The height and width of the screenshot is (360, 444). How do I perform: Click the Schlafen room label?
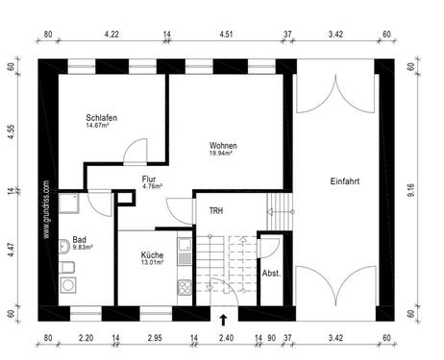[x=100, y=117]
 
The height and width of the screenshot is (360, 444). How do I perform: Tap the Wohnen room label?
[x=223, y=146]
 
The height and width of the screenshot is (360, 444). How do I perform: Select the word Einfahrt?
[x=345, y=180]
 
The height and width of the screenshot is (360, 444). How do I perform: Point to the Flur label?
[x=149, y=180]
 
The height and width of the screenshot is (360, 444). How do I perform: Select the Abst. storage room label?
[x=271, y=274]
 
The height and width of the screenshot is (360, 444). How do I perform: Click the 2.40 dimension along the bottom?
[x=226, y=339]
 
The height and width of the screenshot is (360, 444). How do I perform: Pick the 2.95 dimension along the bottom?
[x=155, y=339]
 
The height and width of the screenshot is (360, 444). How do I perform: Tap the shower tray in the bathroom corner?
[x=69, y=203]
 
